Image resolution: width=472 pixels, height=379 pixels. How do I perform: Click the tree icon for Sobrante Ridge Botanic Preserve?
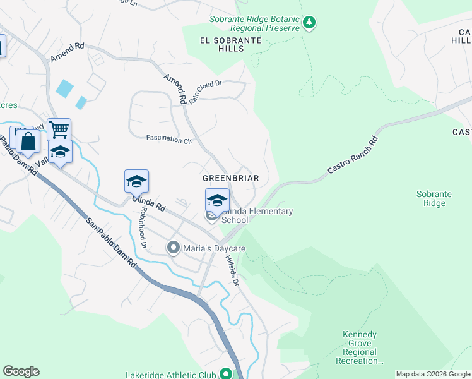pos(309,23)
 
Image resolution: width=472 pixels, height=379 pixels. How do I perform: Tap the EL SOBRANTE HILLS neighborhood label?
pos(230,40)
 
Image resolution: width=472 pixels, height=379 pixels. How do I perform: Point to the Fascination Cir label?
pos(168,139)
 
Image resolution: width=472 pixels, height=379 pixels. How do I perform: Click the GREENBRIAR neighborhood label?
pos(230,178)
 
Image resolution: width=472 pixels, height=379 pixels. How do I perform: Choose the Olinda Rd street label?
pos(148,203)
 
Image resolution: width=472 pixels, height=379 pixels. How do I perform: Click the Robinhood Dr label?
pos(144,227)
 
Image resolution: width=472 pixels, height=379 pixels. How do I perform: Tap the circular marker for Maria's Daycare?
pos(174,248)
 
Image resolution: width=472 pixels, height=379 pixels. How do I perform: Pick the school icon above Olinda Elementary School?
pos(217,200)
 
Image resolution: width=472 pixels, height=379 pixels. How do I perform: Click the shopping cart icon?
pos(59,130)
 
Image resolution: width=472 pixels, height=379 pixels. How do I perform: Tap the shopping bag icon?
pos(28,141)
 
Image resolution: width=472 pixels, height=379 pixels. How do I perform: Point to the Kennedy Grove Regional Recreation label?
pos(359,347)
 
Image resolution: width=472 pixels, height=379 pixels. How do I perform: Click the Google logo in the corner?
pos(21,371)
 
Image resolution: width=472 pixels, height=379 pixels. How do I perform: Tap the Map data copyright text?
pos(432,375)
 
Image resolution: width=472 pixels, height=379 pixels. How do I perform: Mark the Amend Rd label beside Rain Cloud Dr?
pos(175,89)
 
